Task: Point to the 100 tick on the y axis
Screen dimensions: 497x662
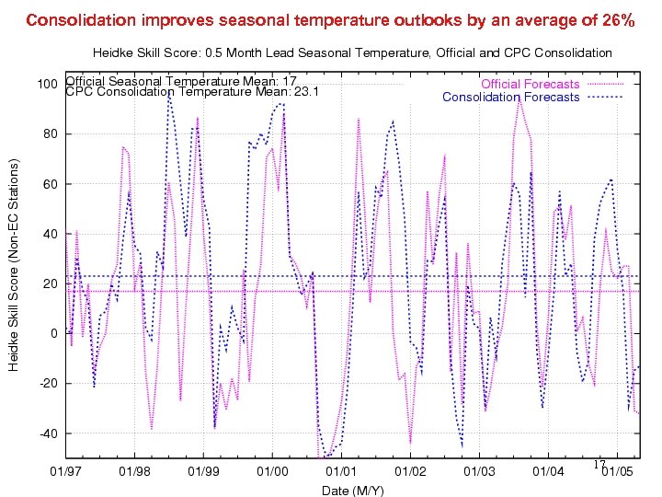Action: coord(48,85)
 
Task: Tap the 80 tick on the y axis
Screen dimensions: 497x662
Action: coord(51,134)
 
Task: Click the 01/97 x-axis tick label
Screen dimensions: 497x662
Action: coord(66,472)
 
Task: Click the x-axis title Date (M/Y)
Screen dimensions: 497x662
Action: coord(352,490)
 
